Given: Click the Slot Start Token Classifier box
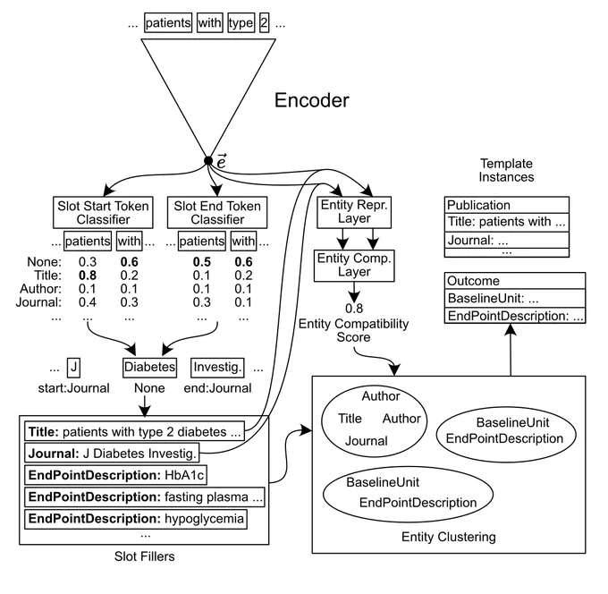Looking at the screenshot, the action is tap(103, 212).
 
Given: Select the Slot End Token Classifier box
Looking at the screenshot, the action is tap(217, 212).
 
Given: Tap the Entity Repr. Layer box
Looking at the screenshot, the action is tap(354, 212).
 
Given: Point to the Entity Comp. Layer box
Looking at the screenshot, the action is tap(354, 266).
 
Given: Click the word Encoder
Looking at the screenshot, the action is tap(312, 100).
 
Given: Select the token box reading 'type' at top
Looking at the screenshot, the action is tap(241, 23).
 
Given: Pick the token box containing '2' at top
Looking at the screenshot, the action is tap(264, 23).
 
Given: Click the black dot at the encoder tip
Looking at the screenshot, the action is tap(208, 161).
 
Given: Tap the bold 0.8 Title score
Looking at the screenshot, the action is tap(88, 276).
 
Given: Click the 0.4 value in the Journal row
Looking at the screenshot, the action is tap(88, 302).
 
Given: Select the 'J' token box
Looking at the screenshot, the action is tap(73, 368).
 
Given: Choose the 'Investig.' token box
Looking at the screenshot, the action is tap(217, 368).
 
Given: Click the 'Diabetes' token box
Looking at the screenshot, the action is tap(149, 368).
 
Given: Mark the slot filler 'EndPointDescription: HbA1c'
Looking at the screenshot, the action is tap(115, 475).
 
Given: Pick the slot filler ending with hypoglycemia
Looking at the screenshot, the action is tap(136, 519).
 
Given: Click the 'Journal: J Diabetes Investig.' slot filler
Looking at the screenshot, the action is tap(112, 454).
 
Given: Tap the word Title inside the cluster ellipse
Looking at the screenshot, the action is tap(350, 419).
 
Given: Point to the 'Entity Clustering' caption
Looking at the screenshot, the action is tap(449, 537).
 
